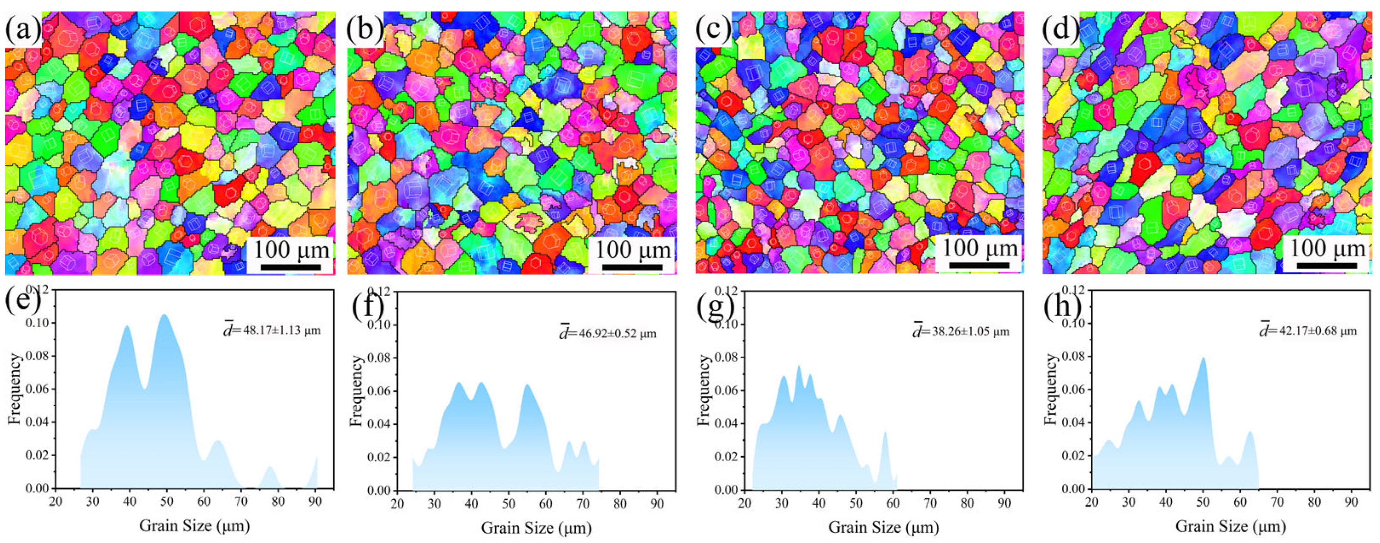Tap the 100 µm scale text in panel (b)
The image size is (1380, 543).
pyautogui.click(x=633, y=249)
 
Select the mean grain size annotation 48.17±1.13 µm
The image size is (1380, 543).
pyautogui.click(x=272, y=330)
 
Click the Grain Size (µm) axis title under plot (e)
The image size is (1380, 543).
pyautogui.click(x=195, y=526)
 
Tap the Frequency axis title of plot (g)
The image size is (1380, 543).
pyautogui.click(x=704, y=390)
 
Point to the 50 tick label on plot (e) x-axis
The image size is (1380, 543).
pyautogui.click(x=166, y=502)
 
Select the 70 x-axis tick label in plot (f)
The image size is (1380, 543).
pyautogui.click(x=582, y=504)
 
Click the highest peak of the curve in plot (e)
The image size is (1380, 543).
pyautogui.click(x=164, y=315)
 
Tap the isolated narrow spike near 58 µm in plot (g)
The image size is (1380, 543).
pyautogui.click(x=885, y=433)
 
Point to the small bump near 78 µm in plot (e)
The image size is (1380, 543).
pyautogui.click(x=270, y=468)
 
